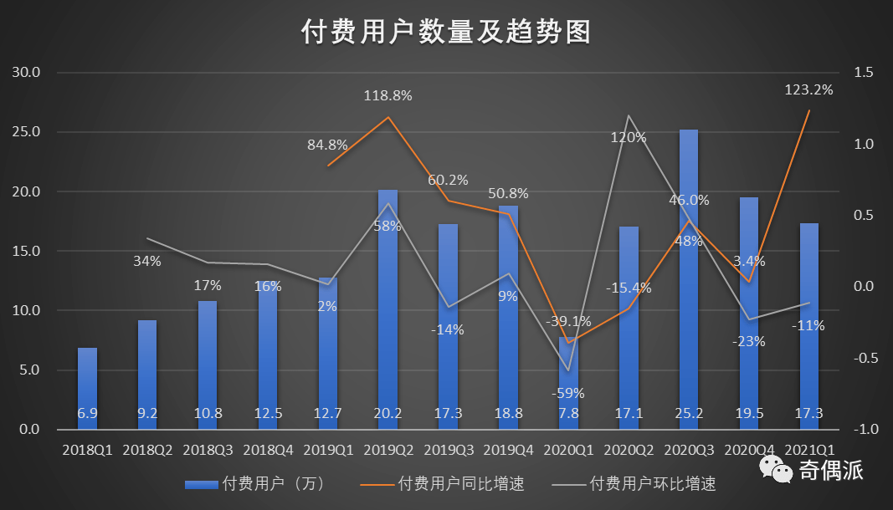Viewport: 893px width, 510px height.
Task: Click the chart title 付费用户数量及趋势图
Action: (446, 32)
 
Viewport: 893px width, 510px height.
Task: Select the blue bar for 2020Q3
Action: (689, 276)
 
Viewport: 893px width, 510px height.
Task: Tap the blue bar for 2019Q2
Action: (388, 309)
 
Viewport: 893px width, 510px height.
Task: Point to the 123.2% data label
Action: (808, 89)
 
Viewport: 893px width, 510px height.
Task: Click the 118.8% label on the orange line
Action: (387, 95)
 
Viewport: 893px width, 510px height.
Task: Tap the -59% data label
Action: (568, 393)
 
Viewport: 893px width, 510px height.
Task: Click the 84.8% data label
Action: (328, 145)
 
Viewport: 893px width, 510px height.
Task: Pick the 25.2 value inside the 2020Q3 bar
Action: (689, 412)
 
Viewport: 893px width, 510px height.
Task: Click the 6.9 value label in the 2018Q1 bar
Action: (88, 412)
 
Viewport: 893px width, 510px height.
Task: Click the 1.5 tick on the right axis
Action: (864, 73)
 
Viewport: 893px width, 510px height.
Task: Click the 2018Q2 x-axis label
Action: (148, 450)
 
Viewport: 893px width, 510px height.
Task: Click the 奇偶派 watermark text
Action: (829, 471)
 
